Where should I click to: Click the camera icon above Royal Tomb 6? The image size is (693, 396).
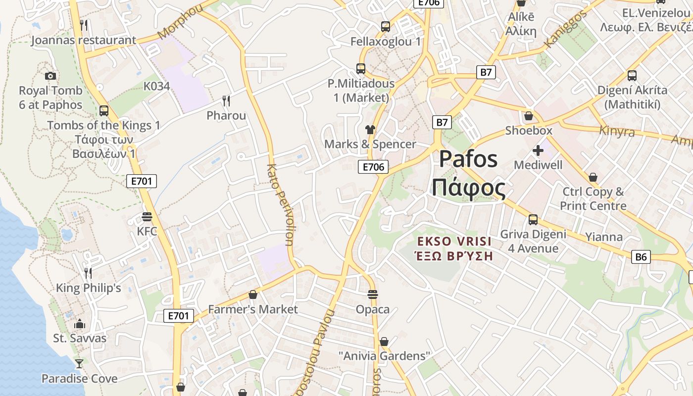(50, 76)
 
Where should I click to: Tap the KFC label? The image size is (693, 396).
(147, 231)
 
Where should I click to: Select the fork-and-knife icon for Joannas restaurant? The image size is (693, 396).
(84, 25)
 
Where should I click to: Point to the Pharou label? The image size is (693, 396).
(226, 115)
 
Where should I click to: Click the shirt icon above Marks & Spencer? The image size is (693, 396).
(370, 130)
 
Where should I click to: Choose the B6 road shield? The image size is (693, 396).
(641, 256)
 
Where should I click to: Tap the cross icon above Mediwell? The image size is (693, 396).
(538, 150)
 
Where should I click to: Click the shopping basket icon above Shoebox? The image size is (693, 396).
(528, 116)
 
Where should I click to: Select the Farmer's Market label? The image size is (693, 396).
(252, 309)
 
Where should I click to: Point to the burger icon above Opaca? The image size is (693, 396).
(373, 295)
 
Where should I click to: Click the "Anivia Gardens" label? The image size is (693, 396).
(384, 356)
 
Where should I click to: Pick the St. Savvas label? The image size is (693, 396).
(80, 339)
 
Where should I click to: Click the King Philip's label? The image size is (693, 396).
(88, 288)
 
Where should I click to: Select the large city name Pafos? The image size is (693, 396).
(468, 159)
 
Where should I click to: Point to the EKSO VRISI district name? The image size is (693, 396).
(454, 242)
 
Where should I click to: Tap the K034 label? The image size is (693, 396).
(156, 86)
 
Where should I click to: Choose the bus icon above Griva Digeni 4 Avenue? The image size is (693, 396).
(533, 219)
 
